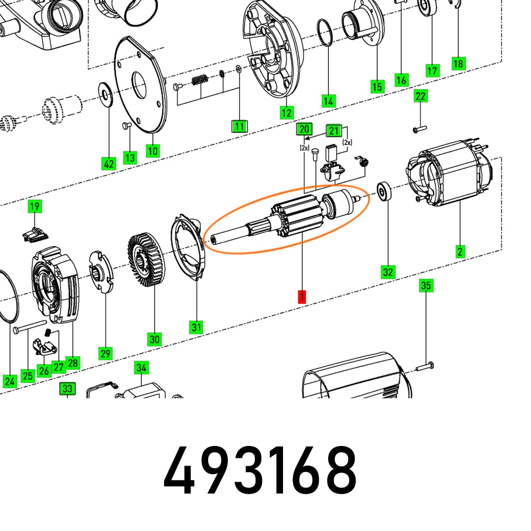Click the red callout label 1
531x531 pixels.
(302, 297)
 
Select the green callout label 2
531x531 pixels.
(460, 251)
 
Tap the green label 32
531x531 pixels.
(388, 272)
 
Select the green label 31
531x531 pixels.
(196, 327)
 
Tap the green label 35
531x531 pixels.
(426, 286)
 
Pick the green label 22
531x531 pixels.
(421, 96)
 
